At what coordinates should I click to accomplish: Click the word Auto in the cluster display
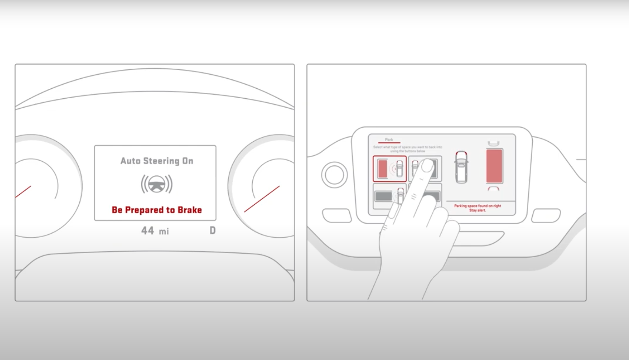[130, 161]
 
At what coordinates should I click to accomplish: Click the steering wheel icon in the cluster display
[156, 184]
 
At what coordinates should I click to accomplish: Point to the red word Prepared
[144, 210]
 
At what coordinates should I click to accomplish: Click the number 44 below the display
[147, 231]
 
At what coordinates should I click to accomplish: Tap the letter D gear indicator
[213, 230]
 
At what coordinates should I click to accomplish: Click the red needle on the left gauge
[23, 192]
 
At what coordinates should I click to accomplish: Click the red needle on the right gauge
[262, 199]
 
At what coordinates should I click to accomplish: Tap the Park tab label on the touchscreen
[389, 140]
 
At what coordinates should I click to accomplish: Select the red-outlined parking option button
[390, 169]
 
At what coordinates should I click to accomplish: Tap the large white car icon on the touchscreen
[461, 167]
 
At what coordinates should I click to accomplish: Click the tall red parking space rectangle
[494, 166]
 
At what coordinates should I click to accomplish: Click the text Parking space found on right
[477, 206]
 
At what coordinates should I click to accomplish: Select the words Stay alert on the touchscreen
[477, 210]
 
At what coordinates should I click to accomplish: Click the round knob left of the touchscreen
[334, 175]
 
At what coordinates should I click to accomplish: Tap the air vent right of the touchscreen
[546, 216]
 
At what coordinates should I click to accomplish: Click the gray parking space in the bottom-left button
[383, 196]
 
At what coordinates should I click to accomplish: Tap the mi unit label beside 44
[164, 232]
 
